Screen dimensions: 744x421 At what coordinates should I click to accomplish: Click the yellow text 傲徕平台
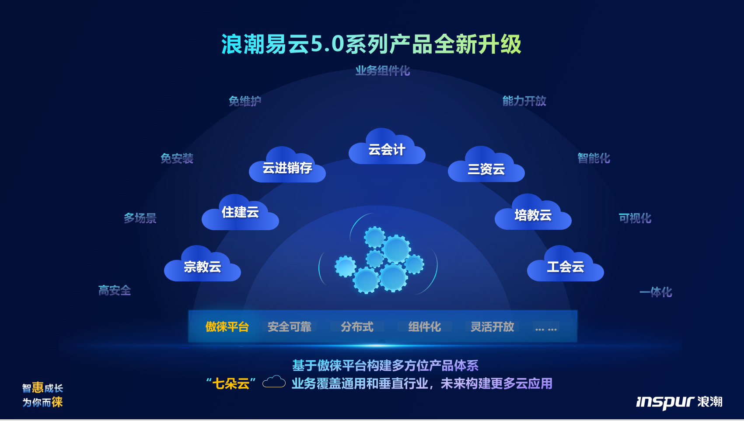coord(227,327)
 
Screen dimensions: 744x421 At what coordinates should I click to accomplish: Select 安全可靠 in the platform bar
coord(289,327)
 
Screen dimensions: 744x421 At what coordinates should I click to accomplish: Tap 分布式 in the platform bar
coord(357,327)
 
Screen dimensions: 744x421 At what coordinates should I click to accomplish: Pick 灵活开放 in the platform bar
coord(492,327)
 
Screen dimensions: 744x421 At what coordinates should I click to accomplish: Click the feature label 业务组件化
coord(383,71)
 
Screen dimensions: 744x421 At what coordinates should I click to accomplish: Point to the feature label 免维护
coord(245,101)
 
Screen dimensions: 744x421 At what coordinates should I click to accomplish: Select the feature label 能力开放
coord(524,101)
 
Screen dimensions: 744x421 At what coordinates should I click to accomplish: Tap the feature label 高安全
coord(115,291)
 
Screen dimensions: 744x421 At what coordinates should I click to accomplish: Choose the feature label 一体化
coord(656,292)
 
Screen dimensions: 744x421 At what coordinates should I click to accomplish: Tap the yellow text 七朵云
coord(231,384)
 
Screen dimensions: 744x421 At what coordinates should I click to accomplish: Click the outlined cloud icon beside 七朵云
coord(274,382)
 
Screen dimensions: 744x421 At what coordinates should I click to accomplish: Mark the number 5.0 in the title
coord(328,44)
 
